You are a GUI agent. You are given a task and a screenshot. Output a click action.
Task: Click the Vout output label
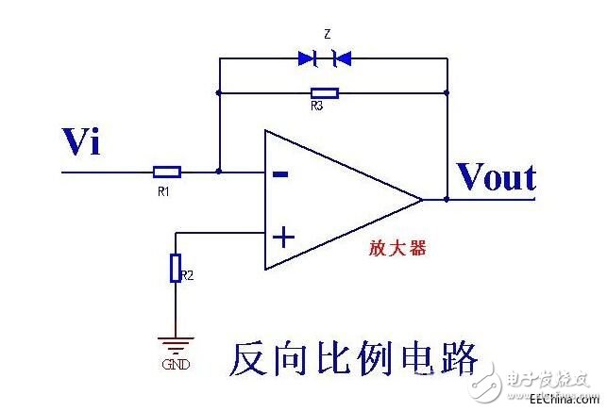pyautogui.click(x=496, y=177)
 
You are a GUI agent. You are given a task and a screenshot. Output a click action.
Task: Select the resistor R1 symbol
pyautogui.click(x=166, y=173)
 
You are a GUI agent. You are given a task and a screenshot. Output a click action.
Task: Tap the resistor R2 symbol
pyautogui.click(x=176, y=269)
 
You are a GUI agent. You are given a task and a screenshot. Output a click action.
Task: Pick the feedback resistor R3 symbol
pyautogui.click(x=325, y=93)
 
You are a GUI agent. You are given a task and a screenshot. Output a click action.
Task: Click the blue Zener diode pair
pyautogui.click(x=325, y=58)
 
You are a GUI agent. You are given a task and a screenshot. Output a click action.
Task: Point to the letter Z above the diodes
pyautogui.click(x=327, y=34)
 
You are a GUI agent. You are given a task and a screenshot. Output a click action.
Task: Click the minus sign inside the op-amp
pyautogui.click(x=280, y=173)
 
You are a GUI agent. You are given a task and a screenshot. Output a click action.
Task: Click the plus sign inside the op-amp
pyautogui.click(x=280, y=234)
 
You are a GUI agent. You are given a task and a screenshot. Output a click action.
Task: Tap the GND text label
pyautogui.click(x=176, y=364)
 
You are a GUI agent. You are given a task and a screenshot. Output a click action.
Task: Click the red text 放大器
pyautogui.click(x=396, y=248)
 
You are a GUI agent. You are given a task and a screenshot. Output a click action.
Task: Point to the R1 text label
pyautogui.click(x=163, y=190)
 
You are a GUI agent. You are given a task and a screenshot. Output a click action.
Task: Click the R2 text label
pyautogui.click(x=187, y=275)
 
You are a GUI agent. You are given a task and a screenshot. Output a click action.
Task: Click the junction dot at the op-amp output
pyautogui.click(x=447, y=199)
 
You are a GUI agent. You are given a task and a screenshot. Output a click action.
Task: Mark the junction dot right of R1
pyautogui.click(x=219, y=173)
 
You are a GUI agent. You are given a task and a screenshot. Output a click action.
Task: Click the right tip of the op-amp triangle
pyautogui.click(x=421, y=199)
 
